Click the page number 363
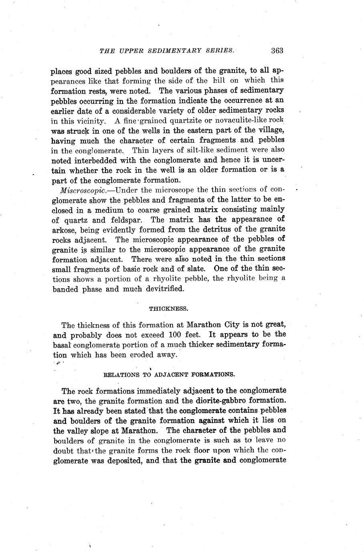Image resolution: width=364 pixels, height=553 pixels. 277,50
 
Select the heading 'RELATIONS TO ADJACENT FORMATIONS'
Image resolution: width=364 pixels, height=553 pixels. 169,375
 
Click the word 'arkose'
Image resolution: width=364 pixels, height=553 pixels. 65,230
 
